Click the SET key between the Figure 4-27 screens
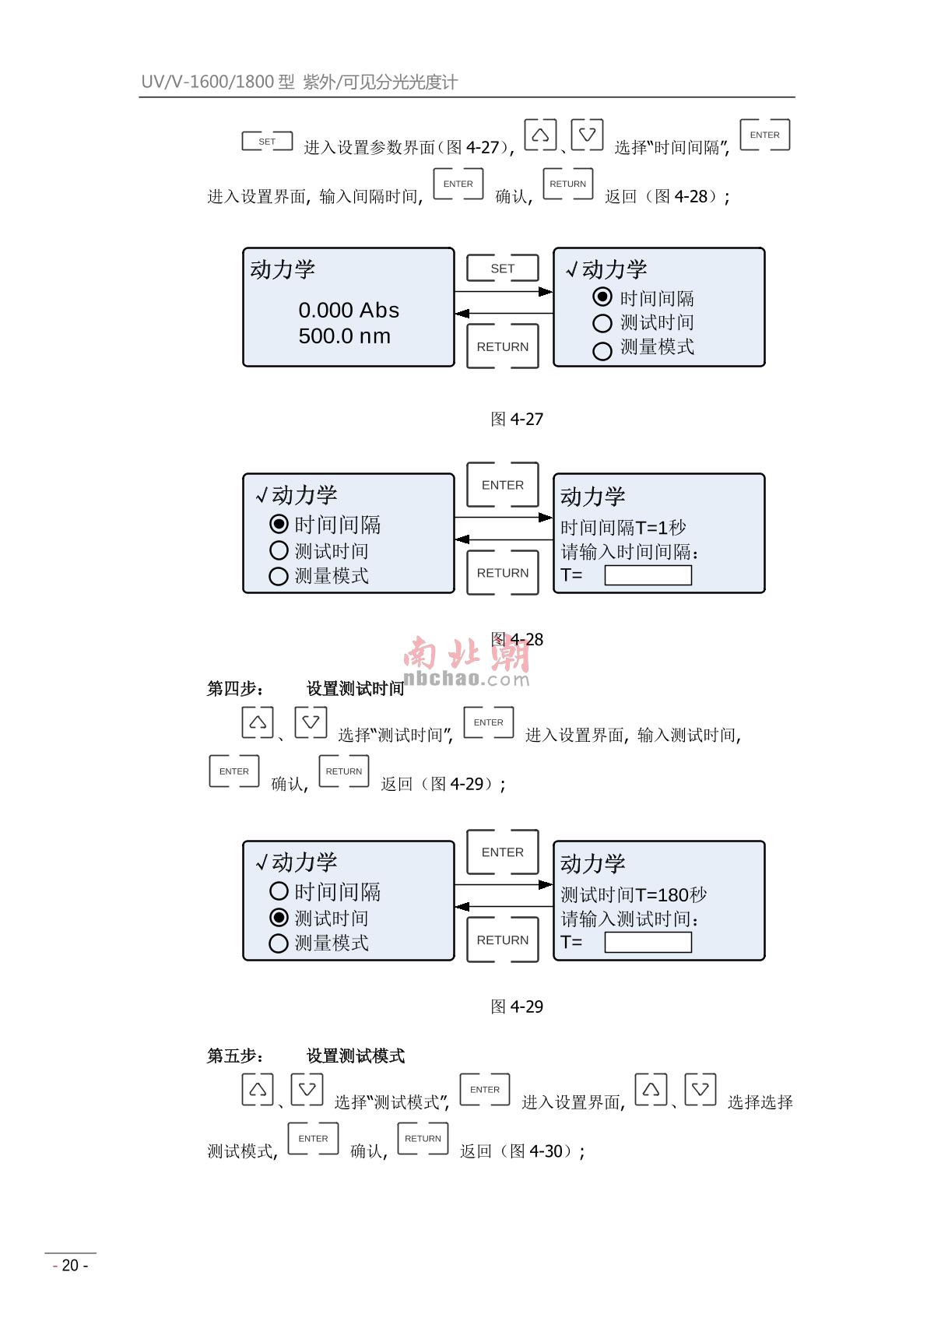(502, 269)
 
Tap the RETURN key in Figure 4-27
(502, 346)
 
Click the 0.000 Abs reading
(349, 310)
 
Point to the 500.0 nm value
(345, 336)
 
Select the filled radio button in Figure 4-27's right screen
(602, 297)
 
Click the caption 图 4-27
(517, 419)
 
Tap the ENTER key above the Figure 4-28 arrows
(502, 485)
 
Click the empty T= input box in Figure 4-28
(648, 575)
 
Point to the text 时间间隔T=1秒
(623, 527)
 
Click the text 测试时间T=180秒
(633, 894)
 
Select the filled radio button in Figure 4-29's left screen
(279, 917)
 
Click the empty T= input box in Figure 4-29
(648, 943)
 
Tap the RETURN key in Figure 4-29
(502, 940)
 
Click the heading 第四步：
(235, 688)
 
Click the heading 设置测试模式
(355, 1056)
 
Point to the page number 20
(70, 1265)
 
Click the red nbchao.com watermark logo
(467, 662)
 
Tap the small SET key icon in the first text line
(267, 142)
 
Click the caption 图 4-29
(517, 1007)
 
